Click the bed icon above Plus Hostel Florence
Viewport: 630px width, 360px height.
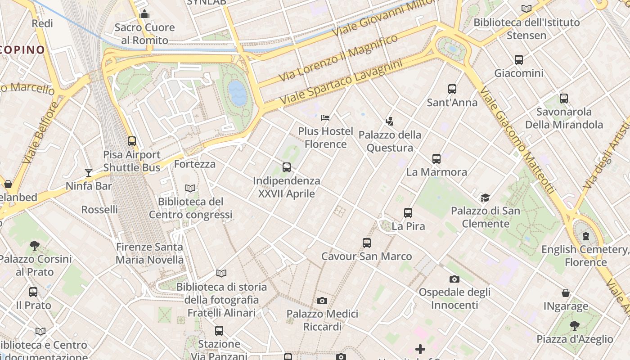pos(325,118)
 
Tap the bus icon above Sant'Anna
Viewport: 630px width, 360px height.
pos(452,89)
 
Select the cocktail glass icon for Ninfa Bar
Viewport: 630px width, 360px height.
pos(88,172)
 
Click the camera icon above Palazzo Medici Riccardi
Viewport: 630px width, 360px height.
pos(322,301)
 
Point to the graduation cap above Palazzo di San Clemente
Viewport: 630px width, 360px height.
pos(485,197)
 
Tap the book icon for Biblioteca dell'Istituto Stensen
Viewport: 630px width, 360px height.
pos(526,9)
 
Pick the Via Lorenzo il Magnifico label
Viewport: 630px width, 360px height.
pos(338,58)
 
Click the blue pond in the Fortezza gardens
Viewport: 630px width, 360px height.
pos(238,93)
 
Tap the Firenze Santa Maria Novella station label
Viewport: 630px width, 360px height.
pos(149,253)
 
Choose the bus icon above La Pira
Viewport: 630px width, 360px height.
pos(408,213)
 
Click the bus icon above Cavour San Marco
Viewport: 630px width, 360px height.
pos(367,243)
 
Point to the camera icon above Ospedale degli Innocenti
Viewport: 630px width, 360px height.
pos(454,279)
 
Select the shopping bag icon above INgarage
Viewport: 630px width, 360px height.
pos(566,293)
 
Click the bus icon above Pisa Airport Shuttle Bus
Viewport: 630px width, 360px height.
pos(131,141)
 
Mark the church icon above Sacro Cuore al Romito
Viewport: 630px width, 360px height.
pos(144,14)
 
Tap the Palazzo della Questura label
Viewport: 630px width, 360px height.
pos(390,141)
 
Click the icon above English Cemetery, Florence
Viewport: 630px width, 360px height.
pos(585,236)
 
